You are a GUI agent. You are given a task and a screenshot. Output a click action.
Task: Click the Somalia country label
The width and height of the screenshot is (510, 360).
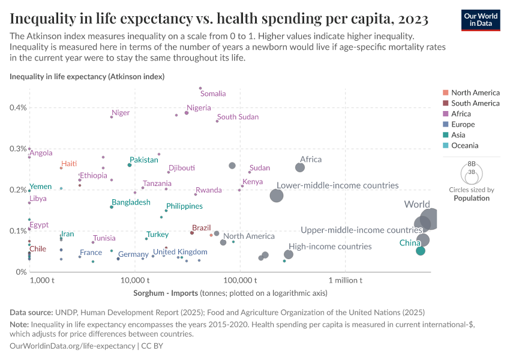click(213, 94)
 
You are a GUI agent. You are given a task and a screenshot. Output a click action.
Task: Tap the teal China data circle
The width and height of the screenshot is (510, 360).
click(421, 250)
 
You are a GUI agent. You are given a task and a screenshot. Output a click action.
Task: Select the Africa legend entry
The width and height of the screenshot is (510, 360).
click(461, 114)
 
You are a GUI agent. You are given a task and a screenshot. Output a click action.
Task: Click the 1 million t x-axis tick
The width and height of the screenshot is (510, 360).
click(345, 280)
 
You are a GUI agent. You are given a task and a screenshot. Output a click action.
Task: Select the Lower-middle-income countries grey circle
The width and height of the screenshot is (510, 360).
click(277, 196)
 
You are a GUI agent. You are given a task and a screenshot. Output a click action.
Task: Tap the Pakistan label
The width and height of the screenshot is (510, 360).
click(144, 160)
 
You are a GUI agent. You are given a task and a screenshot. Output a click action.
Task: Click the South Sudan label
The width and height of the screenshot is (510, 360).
click(238, 117)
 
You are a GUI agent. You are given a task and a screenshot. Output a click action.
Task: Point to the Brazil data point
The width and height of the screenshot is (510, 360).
click(192, 233)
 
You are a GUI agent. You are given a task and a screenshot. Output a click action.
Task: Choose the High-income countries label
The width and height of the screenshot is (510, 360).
click(330, 247)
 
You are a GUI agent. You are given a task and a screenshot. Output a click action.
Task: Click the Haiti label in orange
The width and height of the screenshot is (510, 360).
click(69, 164)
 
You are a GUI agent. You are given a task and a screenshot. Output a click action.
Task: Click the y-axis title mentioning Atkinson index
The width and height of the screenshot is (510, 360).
click(87, 77)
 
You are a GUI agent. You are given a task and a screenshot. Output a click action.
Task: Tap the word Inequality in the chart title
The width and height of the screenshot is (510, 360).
click(45, 19)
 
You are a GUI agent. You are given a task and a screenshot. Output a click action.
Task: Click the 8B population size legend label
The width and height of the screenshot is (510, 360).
click(471, 164)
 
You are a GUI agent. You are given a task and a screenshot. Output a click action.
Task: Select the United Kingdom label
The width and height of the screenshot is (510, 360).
click(180, 252)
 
